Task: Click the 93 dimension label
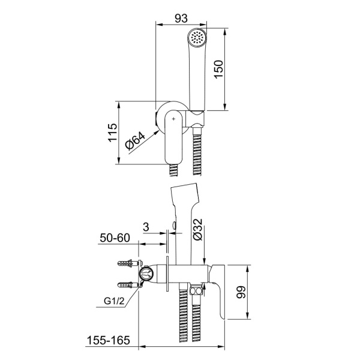181,19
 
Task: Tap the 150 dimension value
218,69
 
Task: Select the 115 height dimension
113,133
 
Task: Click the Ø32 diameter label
197,230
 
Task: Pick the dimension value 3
146,227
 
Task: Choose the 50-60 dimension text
115,238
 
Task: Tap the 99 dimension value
241,292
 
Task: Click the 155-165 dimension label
108,340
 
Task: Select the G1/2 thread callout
114,301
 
